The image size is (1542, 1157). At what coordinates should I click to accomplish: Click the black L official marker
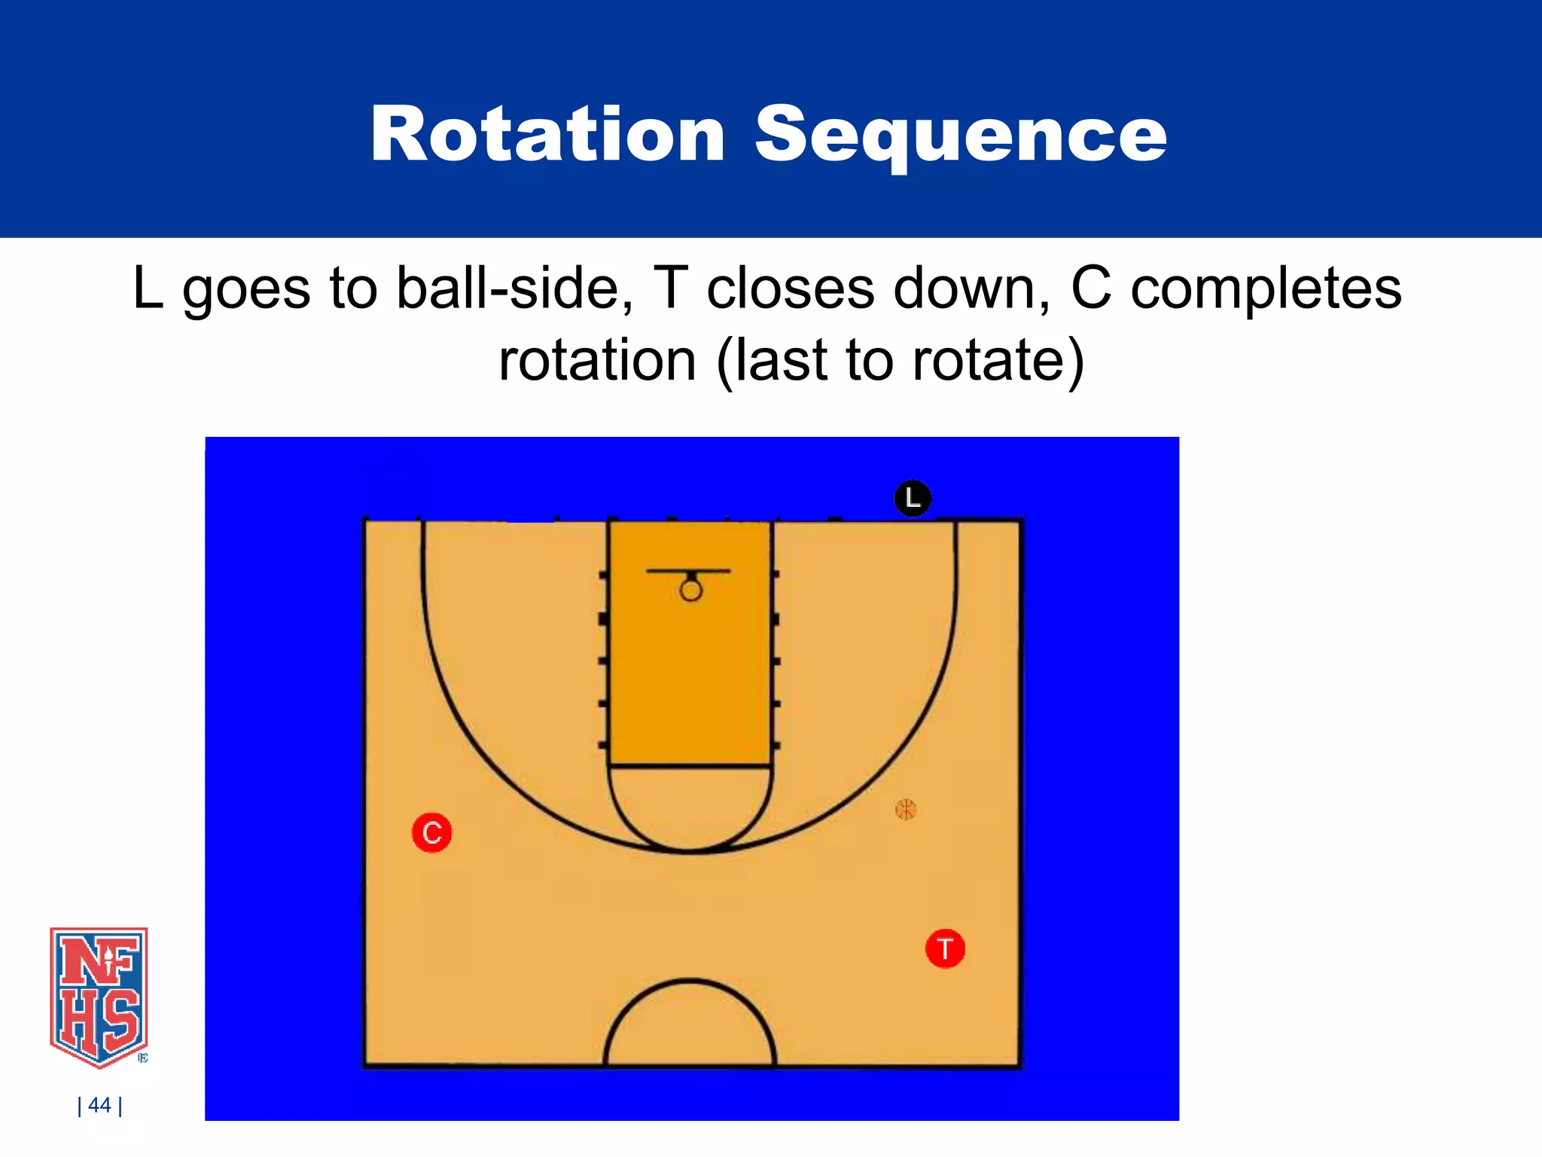913,498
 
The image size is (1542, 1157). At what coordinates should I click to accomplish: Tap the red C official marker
432,833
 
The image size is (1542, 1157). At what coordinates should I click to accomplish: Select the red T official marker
945,948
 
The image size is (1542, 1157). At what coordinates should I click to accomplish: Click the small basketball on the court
905,810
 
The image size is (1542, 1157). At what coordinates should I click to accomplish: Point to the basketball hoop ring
690,591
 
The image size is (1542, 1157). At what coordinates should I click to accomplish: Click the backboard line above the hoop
688,571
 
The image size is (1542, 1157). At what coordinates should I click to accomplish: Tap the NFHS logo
99,996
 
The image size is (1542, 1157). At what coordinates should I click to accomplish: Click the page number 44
99,1105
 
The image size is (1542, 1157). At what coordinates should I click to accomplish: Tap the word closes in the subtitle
791,288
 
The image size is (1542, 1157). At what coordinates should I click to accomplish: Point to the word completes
1266,288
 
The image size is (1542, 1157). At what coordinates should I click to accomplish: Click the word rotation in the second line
597,360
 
